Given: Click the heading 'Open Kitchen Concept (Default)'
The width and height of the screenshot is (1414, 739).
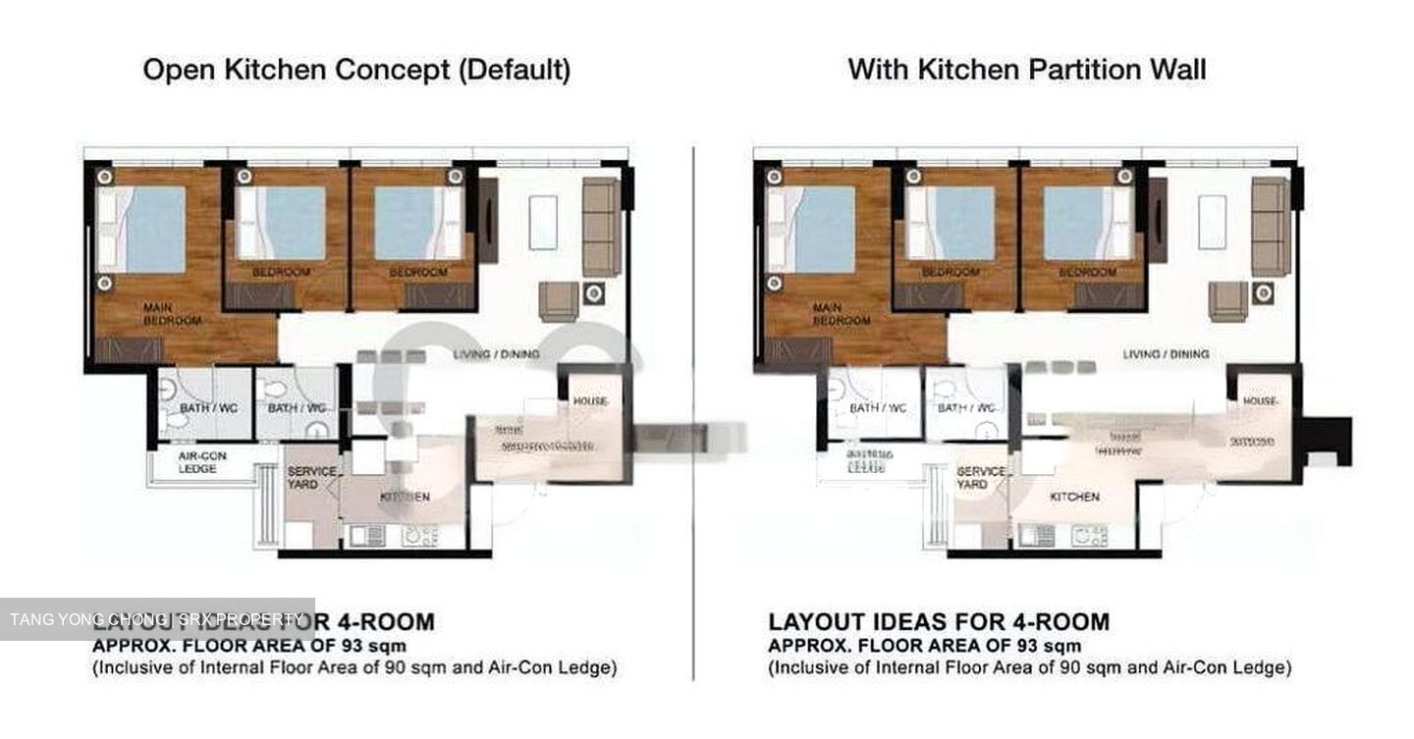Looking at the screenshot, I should (356, 71).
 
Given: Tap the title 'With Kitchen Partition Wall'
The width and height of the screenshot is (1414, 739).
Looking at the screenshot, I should (1027, 69).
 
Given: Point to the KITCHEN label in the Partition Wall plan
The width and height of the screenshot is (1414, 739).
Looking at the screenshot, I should (1074, 497).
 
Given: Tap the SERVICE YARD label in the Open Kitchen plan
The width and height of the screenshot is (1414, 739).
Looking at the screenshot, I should (311, 478).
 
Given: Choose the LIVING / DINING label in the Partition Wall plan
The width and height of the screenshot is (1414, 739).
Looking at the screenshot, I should (1166, 353).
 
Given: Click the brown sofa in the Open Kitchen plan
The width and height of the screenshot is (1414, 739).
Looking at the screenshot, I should (601, 226).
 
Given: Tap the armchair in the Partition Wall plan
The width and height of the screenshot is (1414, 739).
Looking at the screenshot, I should (1227, 300).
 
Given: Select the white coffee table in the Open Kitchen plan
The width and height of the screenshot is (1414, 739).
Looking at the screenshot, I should (543, 223).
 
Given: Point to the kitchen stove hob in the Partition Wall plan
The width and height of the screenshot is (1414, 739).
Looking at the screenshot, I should (1090, 536).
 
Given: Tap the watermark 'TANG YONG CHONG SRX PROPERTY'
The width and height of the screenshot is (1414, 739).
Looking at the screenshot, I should (157, 619).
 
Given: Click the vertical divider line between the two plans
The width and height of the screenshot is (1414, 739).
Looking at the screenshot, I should (693, 412).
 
